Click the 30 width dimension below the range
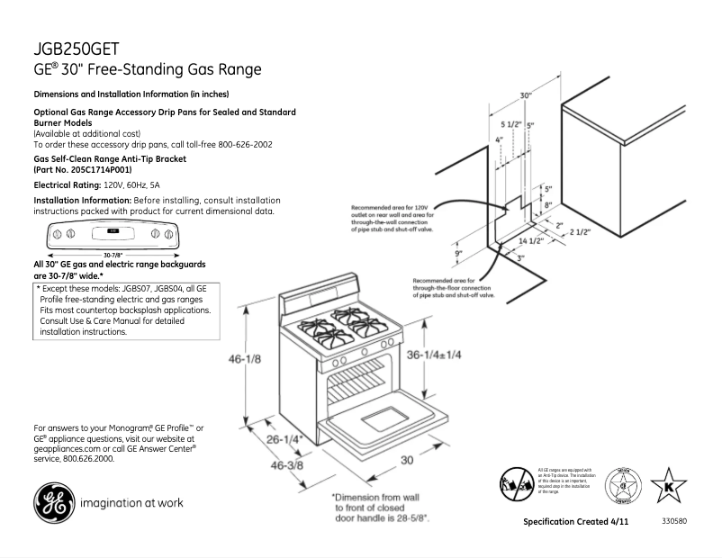(406, 460)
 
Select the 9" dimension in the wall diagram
(458, 255)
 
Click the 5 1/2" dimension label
(511, 124)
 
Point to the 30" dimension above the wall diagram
(526, 94)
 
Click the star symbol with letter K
(668, 488)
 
